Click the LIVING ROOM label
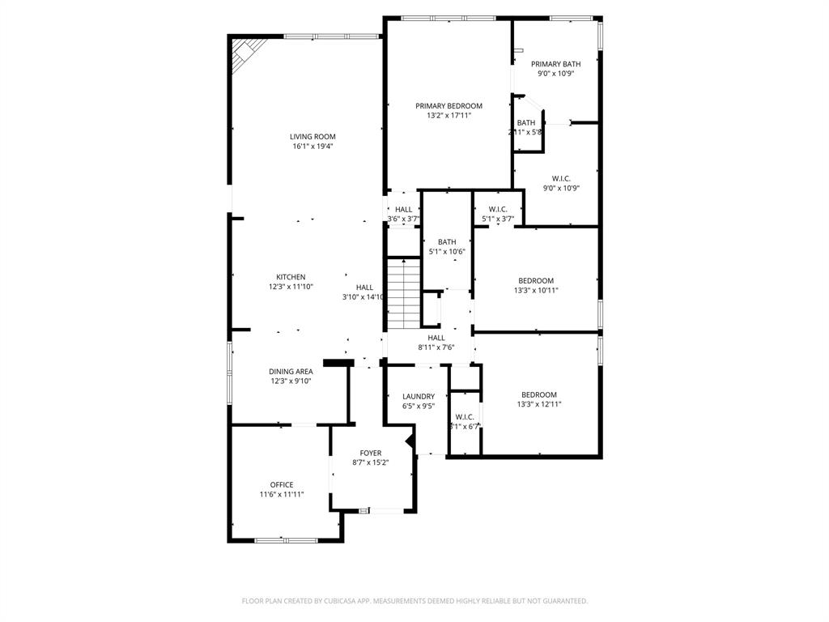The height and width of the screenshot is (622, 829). [312, 137]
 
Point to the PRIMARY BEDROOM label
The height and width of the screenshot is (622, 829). [449, 106]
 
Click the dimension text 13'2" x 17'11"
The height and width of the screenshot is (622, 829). [449, 116]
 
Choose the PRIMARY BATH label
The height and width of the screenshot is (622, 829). [555, 64]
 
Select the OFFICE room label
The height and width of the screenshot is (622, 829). [282, 485]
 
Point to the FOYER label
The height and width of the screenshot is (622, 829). [371, 454]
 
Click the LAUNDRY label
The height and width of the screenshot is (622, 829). [419, 397]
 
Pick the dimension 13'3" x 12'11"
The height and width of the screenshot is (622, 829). [539, 404]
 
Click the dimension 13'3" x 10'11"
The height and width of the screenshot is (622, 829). [536, 291]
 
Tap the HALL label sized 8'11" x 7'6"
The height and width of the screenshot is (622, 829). [436, 338]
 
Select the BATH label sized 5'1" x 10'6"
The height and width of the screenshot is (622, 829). [447, 242]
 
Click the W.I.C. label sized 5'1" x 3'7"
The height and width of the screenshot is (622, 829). [498, 210]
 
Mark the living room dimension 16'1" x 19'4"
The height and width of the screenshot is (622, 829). [312, 147]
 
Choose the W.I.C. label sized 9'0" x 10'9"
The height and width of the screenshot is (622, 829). [561, 178]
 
